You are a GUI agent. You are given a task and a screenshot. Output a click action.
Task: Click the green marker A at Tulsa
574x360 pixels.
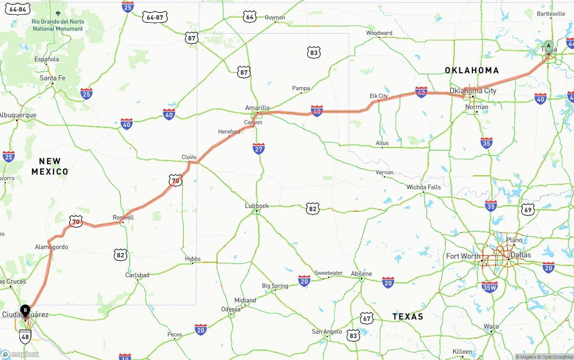coord(548,47)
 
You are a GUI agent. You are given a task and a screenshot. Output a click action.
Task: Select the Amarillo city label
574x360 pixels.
coord(257,108)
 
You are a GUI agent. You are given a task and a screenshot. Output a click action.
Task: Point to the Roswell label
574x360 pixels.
coord(123,217)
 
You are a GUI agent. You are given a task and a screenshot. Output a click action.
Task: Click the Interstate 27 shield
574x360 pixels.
coord(259,149)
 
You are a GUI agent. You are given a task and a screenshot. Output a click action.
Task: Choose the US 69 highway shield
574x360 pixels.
coord(528,209)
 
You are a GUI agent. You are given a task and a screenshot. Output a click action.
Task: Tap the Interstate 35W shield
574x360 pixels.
coord(489,287)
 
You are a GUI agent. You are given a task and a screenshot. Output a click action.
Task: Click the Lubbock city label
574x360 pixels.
coord(257,206)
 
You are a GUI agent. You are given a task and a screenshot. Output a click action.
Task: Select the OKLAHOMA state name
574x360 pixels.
coord(472,70)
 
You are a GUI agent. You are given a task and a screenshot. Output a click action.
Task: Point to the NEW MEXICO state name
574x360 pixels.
coord(50,166)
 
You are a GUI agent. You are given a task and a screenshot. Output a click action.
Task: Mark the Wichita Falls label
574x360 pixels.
coord(424,187)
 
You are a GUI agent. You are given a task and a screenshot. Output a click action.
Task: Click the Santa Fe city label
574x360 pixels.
coord(52,78)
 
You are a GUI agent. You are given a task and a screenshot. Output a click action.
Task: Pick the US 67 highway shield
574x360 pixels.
coord(367,318)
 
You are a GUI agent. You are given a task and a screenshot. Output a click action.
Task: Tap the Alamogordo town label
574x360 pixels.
coord(52,247)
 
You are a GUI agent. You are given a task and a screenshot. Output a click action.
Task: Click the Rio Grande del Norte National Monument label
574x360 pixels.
coord(58,25)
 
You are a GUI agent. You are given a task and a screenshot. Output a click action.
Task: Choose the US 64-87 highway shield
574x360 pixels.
coord(155,17)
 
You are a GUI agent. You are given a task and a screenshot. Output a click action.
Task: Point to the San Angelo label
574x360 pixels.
coord(327,332)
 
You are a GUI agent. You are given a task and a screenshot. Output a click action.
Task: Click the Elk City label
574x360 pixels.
coord(379,96)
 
